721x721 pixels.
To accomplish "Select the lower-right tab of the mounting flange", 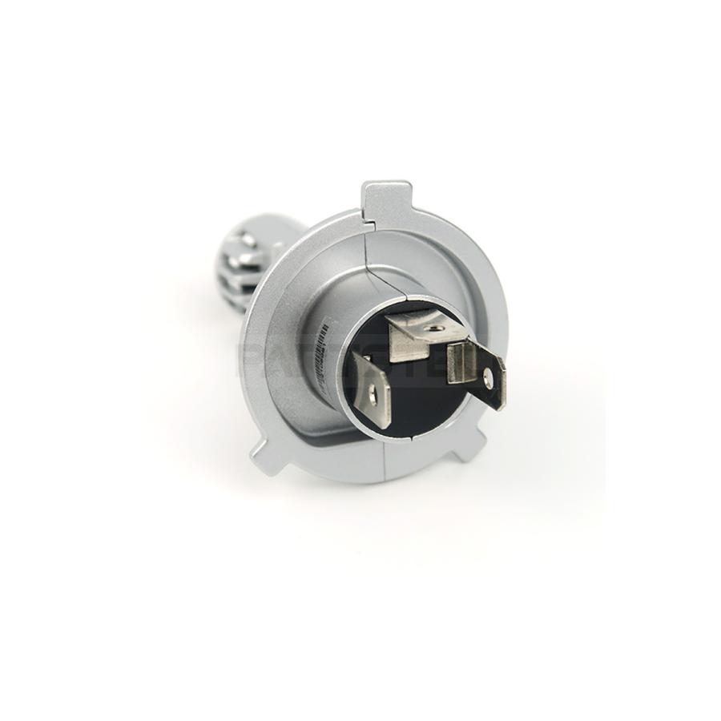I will (469, 443).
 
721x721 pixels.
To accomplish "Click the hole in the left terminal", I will (373, 393).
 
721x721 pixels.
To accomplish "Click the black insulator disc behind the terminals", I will (417, 401).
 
